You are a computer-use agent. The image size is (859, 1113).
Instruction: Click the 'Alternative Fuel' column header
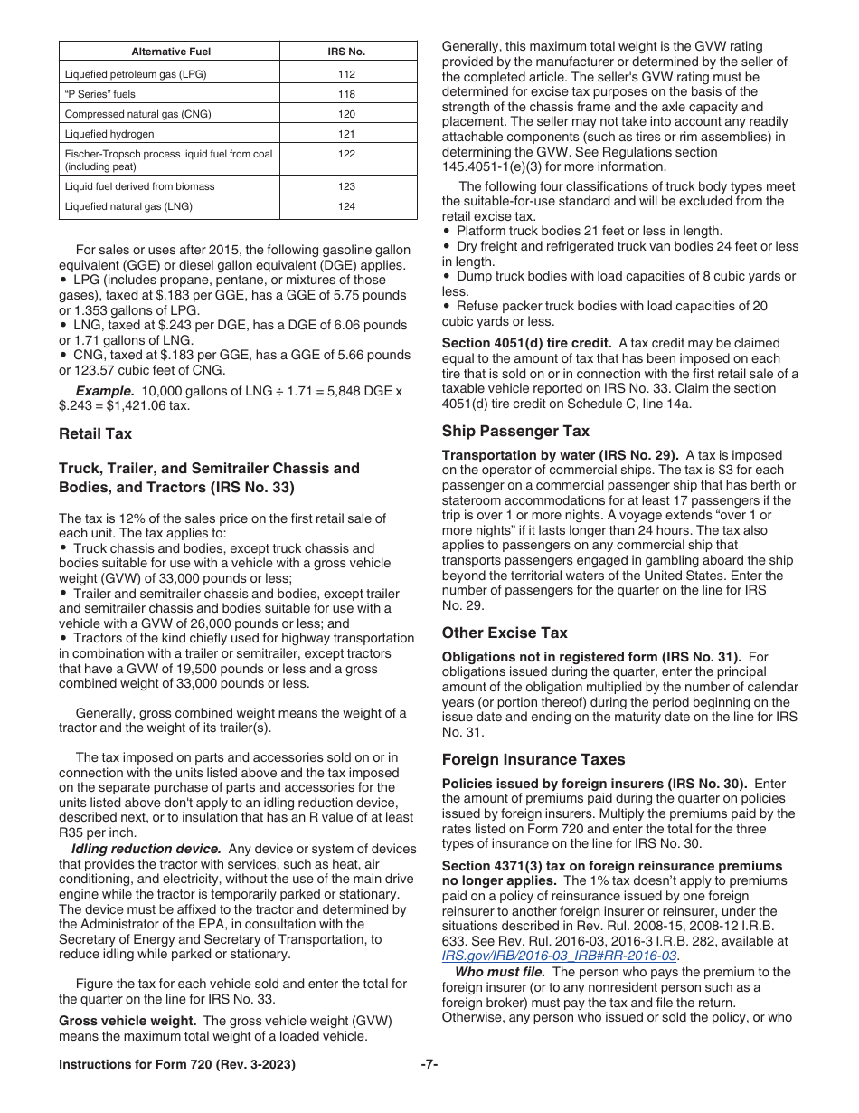pyautogui.click(x=169, y=52)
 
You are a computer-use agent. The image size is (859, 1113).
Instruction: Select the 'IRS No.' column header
pyautogui.click(x=347, y=52)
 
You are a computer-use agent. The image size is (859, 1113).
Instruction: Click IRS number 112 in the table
pyautogui.click(x=347, y=74)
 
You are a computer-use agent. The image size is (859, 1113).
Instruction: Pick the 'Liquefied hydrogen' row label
pyautogui.click(x=109, y=134)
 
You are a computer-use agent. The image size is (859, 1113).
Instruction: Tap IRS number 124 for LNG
pyautogui.click(x=347, y=206)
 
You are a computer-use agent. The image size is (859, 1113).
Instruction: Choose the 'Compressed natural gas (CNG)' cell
pyautogui.click(x=134, y=114)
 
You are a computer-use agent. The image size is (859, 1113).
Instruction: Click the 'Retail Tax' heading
pyautogui.click(x=95, y=434)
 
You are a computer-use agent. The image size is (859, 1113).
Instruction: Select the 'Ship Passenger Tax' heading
pyautogui.click(x=515, y=432)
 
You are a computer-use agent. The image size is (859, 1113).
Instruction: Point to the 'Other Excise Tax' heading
pyautogui.click(x=505, y=633)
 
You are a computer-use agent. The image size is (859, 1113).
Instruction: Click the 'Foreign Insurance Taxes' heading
pyautogui.click(x=533, y=760)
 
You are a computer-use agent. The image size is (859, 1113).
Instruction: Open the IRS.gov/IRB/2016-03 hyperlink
pyautogui.click(x=559, y=956)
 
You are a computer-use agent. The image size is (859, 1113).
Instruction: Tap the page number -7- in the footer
pyautogui.click(x=429, y=1065)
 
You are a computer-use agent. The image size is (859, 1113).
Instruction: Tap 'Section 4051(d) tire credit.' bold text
pyautogui.click(x=520, y=343)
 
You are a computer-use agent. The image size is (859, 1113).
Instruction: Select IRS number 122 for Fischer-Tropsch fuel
pyautogui.click(x=347, y=154)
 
